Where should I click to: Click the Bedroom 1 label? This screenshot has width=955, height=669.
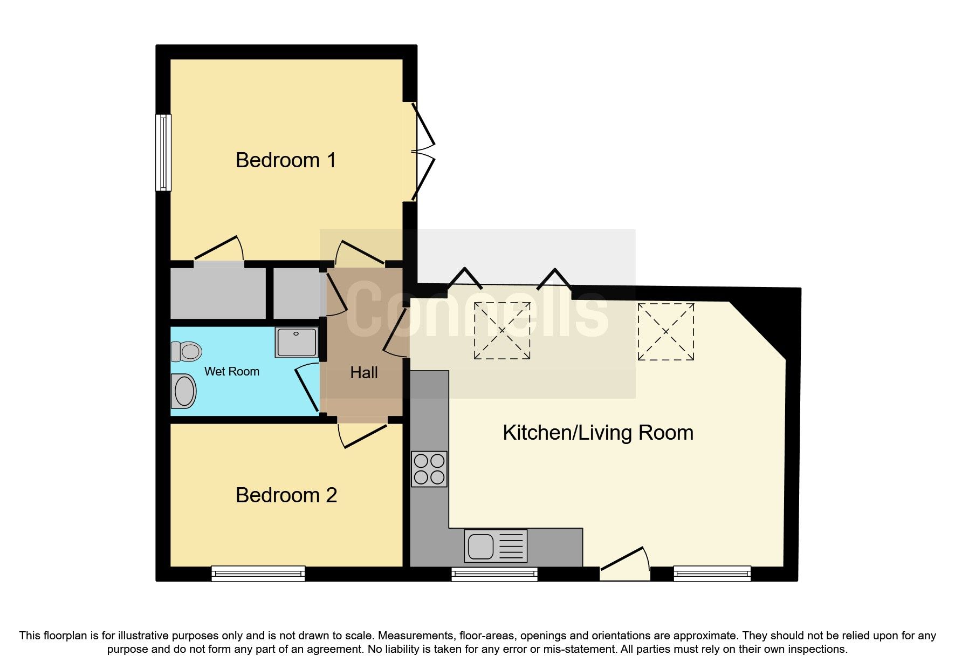click(x=286, y=160)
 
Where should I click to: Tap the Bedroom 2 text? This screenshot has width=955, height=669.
click(x=286, y=495)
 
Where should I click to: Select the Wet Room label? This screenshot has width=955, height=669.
click(x=231, y=371)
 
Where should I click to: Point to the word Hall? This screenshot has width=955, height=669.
click(x=364, y=373)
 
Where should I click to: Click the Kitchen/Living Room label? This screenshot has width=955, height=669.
click(x=597, y=433)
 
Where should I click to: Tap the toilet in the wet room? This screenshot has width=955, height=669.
click(x=186, y=352)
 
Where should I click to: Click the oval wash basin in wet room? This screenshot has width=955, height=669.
click(x=183, y=391)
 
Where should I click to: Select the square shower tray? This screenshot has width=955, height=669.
click(x=297, y=342)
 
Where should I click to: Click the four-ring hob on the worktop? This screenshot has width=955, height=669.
click(x=429, y=469)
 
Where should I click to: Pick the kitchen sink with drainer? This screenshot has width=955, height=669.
click(x=496, y=545)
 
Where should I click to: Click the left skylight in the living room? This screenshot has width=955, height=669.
click(x=502, y=331)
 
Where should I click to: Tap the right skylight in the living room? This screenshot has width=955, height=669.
click(x=665, y=331)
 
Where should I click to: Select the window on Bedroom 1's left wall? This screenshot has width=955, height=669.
click(x=163, y=153)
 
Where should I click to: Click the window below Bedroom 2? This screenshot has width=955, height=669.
click(x=258, y=574)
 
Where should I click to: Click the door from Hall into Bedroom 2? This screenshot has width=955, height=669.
click(x=363, y=434)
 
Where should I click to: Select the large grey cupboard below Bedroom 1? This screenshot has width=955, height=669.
click(x=218, y=294)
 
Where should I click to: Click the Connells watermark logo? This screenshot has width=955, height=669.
click(x=477, y=313)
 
